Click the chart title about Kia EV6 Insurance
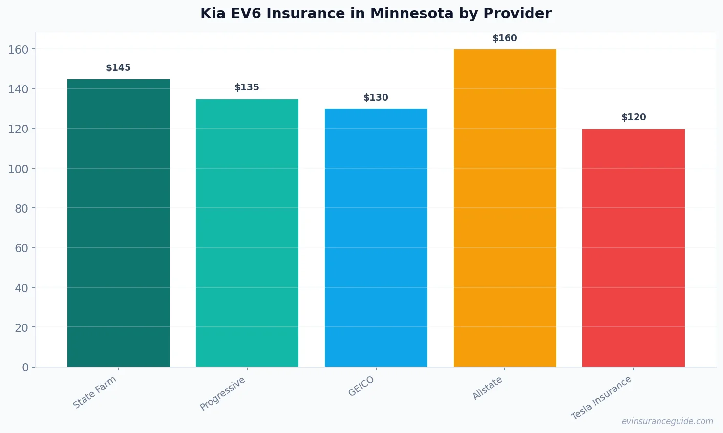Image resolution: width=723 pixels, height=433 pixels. coord(376,14)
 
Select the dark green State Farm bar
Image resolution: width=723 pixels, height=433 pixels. coord(119,223)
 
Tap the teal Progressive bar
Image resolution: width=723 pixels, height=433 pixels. coord(247,233)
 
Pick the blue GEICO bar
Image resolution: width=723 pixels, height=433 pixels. coord(376,238)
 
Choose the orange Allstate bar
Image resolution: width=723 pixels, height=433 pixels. coord(505,208)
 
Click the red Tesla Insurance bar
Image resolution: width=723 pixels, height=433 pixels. coord(634,248)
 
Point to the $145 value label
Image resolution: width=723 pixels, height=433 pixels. coord(119,68)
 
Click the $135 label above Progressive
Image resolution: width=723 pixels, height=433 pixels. coord(247,87)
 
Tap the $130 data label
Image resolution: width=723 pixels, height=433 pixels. coord(376,98)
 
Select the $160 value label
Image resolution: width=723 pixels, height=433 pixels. coord(505,38)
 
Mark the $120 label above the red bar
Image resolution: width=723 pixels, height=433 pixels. coord(634,117)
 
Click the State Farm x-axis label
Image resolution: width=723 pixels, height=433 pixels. coord(95,392)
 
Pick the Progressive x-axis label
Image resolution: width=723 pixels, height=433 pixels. coord(223,393)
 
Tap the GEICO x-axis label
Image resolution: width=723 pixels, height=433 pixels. coord(361,386)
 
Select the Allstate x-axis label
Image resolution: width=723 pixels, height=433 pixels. coord(488,389)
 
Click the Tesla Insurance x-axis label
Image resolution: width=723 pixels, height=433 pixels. coord(601,398)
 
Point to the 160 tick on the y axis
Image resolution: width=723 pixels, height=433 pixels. coord(19,49)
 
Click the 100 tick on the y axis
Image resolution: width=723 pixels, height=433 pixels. coord(19,169)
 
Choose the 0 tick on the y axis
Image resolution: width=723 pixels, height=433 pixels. coord(25,368)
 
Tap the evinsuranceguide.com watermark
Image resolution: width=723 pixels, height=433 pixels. coord(667,421)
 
